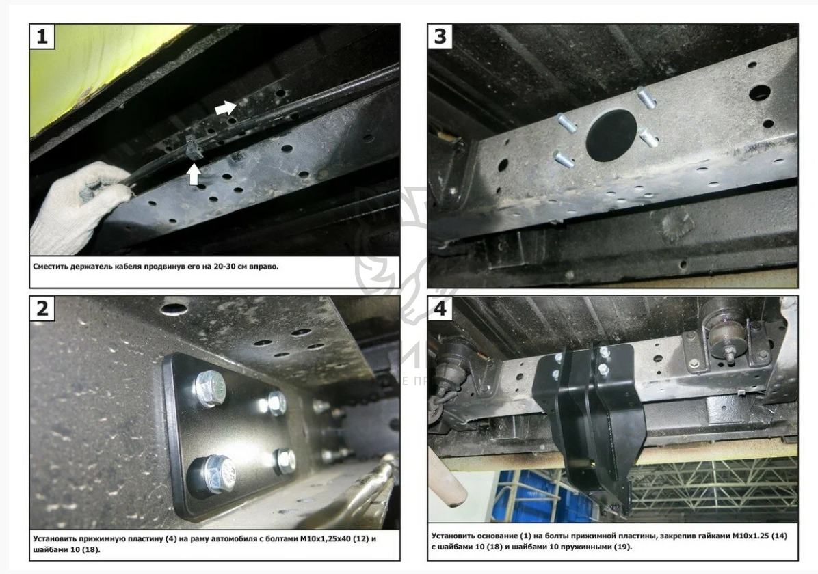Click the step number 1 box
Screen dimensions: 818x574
(42, 36)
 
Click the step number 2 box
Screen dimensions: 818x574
(42, 309)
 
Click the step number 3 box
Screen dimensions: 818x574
(440, 36)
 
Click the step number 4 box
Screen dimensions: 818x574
(440, 309)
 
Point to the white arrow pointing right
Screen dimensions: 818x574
(226, 108)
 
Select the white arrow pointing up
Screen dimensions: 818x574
(194, 174)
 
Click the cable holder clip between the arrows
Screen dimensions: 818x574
(192, 147)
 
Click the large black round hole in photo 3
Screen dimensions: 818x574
(611, 135)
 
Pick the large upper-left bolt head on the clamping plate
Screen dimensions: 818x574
(210, 388)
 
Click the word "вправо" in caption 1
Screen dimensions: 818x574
(264, 266)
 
